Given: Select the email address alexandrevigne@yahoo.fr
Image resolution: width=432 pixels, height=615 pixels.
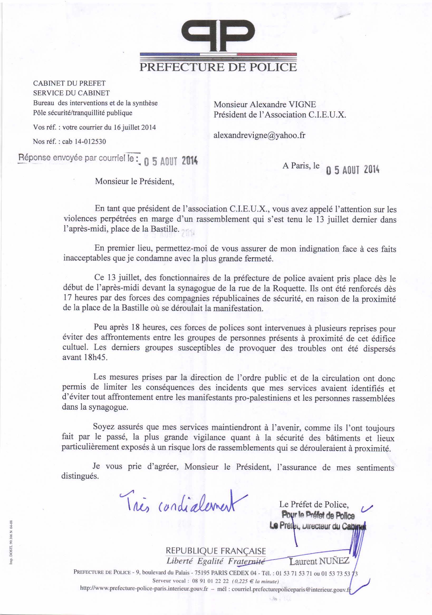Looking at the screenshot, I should (259, 135).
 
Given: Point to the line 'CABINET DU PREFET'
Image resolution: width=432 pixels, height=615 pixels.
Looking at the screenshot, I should (69, 83).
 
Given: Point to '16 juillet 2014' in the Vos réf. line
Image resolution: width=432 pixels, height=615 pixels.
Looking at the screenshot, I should (135, 128).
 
